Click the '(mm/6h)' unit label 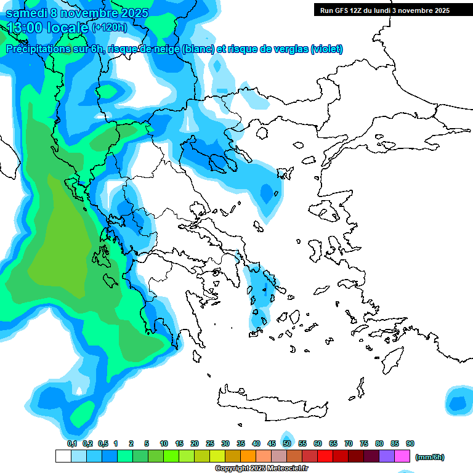430,457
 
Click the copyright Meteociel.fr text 261,469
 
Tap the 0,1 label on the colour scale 71,444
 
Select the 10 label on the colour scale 164,444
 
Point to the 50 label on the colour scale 287,444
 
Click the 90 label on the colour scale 410,444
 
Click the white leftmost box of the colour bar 63,456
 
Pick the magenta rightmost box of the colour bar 402,456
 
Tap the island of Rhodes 392,358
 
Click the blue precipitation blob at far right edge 457,403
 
